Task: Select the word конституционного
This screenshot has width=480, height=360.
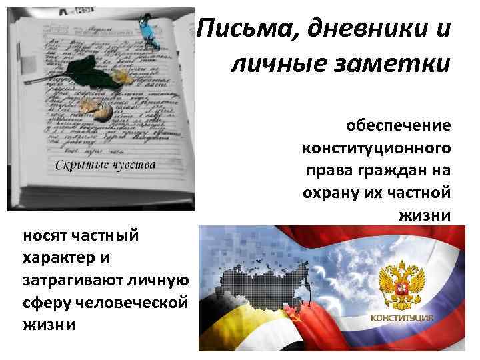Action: [376, 147]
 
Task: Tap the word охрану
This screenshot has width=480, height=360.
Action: [329, 192]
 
